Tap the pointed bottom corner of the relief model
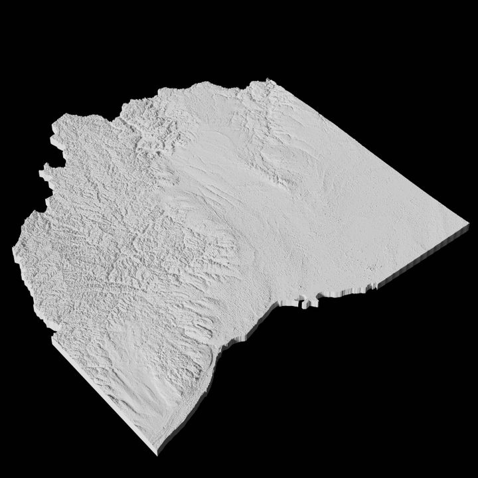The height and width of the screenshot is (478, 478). pos(157,452)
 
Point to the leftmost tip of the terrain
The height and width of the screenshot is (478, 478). pos(14,250)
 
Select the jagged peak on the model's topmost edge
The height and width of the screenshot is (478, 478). pos(270,82)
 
